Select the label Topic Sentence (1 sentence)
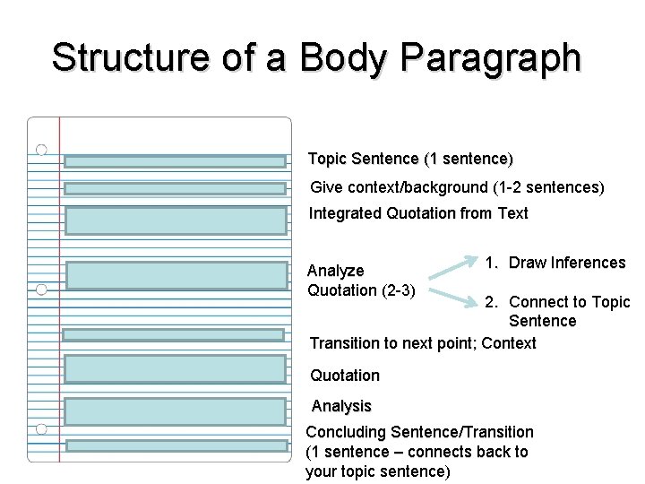tap(410, 159)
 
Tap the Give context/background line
tap(457, 188)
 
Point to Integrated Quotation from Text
tap(418, 213)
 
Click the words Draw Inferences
tap(566, 263)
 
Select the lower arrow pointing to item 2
tap(452, 293)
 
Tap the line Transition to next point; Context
tap(423, 343)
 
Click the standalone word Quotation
tap(345, 376)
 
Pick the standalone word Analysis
tap(341, 407)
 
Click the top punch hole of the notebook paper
tap(41, 149)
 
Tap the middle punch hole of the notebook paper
tap(41, 290)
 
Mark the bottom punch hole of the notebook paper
tap(41, 429)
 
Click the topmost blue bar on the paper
tap(175, 162)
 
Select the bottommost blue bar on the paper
tap(175, 445)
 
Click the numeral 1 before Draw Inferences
tap(490, 263)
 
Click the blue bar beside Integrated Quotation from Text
tap(175, 220)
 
